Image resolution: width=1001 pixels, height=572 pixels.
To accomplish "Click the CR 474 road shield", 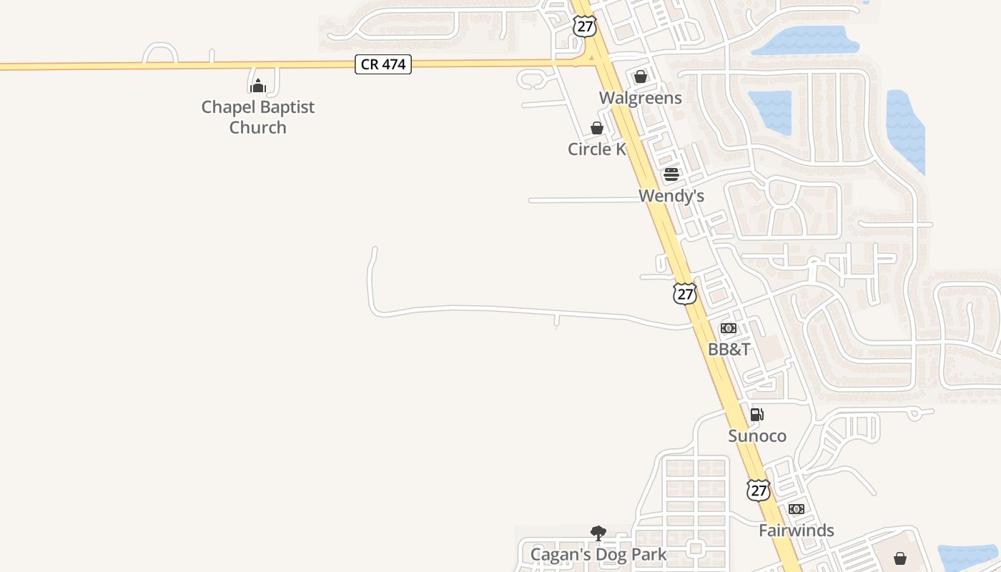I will [383, 64].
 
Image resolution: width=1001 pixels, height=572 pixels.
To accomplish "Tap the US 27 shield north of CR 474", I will [584, 26].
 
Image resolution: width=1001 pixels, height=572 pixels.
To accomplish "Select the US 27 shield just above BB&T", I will [684, 293].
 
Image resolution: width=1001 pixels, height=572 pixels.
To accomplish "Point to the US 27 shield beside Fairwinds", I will [758, 490].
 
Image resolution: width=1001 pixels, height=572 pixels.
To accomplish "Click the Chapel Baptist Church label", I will [257, 117].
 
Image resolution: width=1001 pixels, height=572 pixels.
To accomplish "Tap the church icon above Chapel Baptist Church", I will [257, 86].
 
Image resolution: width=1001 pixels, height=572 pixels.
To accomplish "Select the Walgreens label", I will [640, 98].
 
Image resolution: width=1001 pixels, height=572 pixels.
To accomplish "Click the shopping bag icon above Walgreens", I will [641, 77].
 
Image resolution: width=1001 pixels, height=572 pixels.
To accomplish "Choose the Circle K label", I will [596, 149].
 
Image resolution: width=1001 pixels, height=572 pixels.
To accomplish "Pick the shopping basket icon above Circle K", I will [597, 128].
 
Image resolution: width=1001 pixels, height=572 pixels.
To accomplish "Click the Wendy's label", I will [671, 196].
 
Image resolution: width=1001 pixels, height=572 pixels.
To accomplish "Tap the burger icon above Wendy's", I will [671, 174].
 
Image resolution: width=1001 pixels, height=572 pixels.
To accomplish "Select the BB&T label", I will [729, 350].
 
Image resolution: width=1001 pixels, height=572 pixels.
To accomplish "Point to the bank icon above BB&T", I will [729, 328].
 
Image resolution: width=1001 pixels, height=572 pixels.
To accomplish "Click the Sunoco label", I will [757, 436].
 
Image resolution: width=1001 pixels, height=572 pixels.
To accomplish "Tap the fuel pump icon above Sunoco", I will [757, 415].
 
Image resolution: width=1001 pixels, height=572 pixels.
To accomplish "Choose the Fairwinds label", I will [796, 531].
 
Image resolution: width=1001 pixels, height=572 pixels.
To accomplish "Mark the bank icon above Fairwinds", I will [796, 509].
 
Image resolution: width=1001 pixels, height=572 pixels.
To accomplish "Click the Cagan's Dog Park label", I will [598, 554].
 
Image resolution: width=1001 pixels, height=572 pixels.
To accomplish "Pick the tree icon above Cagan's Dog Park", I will [598, 533].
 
